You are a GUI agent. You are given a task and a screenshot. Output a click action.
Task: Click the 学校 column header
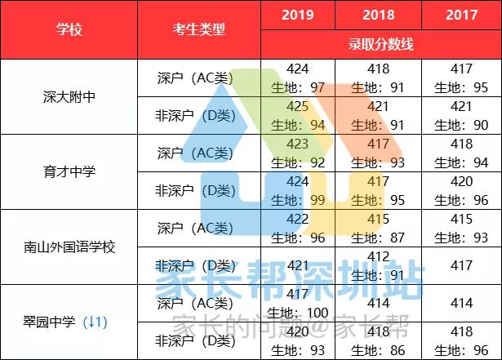[x=69, y=30]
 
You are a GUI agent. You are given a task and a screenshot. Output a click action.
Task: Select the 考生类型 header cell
[x=199, y=30]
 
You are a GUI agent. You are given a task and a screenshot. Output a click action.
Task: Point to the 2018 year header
[x=379, y=16]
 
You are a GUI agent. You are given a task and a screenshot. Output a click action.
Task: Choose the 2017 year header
[x=461, y=16]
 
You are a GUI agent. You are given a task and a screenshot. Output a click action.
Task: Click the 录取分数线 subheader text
[x=380, y=44]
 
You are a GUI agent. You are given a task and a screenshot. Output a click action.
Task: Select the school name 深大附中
[x=69, y=97]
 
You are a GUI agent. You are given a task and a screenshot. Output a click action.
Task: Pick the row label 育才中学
[x=69, y=172]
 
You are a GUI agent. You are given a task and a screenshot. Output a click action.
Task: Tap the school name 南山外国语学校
[x=69, y=247]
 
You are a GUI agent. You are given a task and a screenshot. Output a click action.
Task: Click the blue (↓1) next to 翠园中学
[x=96, y=322]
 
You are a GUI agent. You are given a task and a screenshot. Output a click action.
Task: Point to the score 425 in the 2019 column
[x=298, y=107]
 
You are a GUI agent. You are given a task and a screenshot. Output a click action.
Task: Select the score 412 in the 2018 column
[x=379, y=256]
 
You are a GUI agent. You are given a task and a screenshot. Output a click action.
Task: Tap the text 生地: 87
[x=380, y=238]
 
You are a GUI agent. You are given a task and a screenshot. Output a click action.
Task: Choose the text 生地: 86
[x=380, y=350]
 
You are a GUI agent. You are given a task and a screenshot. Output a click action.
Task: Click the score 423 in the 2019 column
[x=298, y=144]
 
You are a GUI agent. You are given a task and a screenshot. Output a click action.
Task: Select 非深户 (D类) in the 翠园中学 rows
[x=196, y=340]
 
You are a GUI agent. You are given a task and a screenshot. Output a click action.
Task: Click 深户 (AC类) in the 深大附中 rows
[x=196, y=78]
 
